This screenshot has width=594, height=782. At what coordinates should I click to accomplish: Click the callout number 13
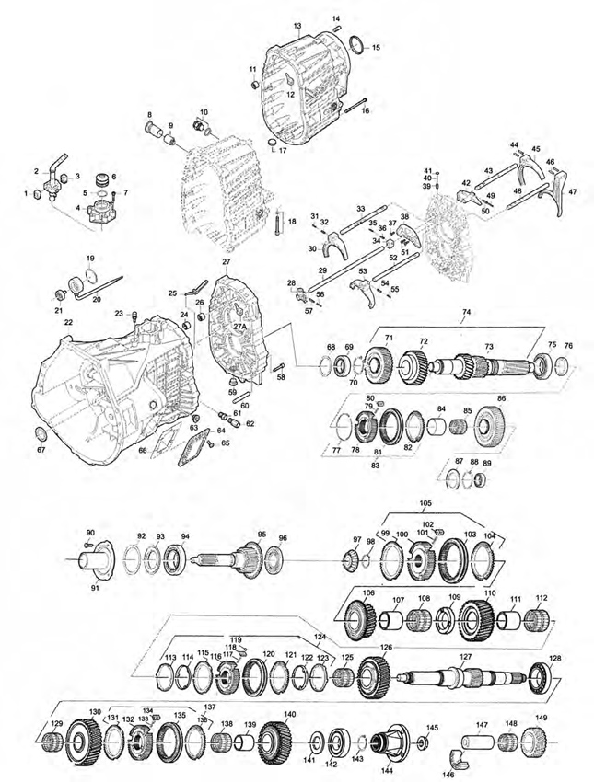[x=297, y=25]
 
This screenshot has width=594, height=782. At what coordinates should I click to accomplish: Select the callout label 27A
[x=240, y=327]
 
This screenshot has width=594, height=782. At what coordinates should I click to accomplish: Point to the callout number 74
[x=466, y=312]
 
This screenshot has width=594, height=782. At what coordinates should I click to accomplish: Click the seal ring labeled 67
[x=41, y=434]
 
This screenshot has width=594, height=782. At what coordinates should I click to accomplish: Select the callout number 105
[x=425, y=504]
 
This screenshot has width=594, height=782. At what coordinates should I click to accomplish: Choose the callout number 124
[x=320, y=638]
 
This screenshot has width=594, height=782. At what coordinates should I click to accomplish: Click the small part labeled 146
[x=460, y=755]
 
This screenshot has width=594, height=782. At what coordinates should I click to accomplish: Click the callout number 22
[x=68, y=323]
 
